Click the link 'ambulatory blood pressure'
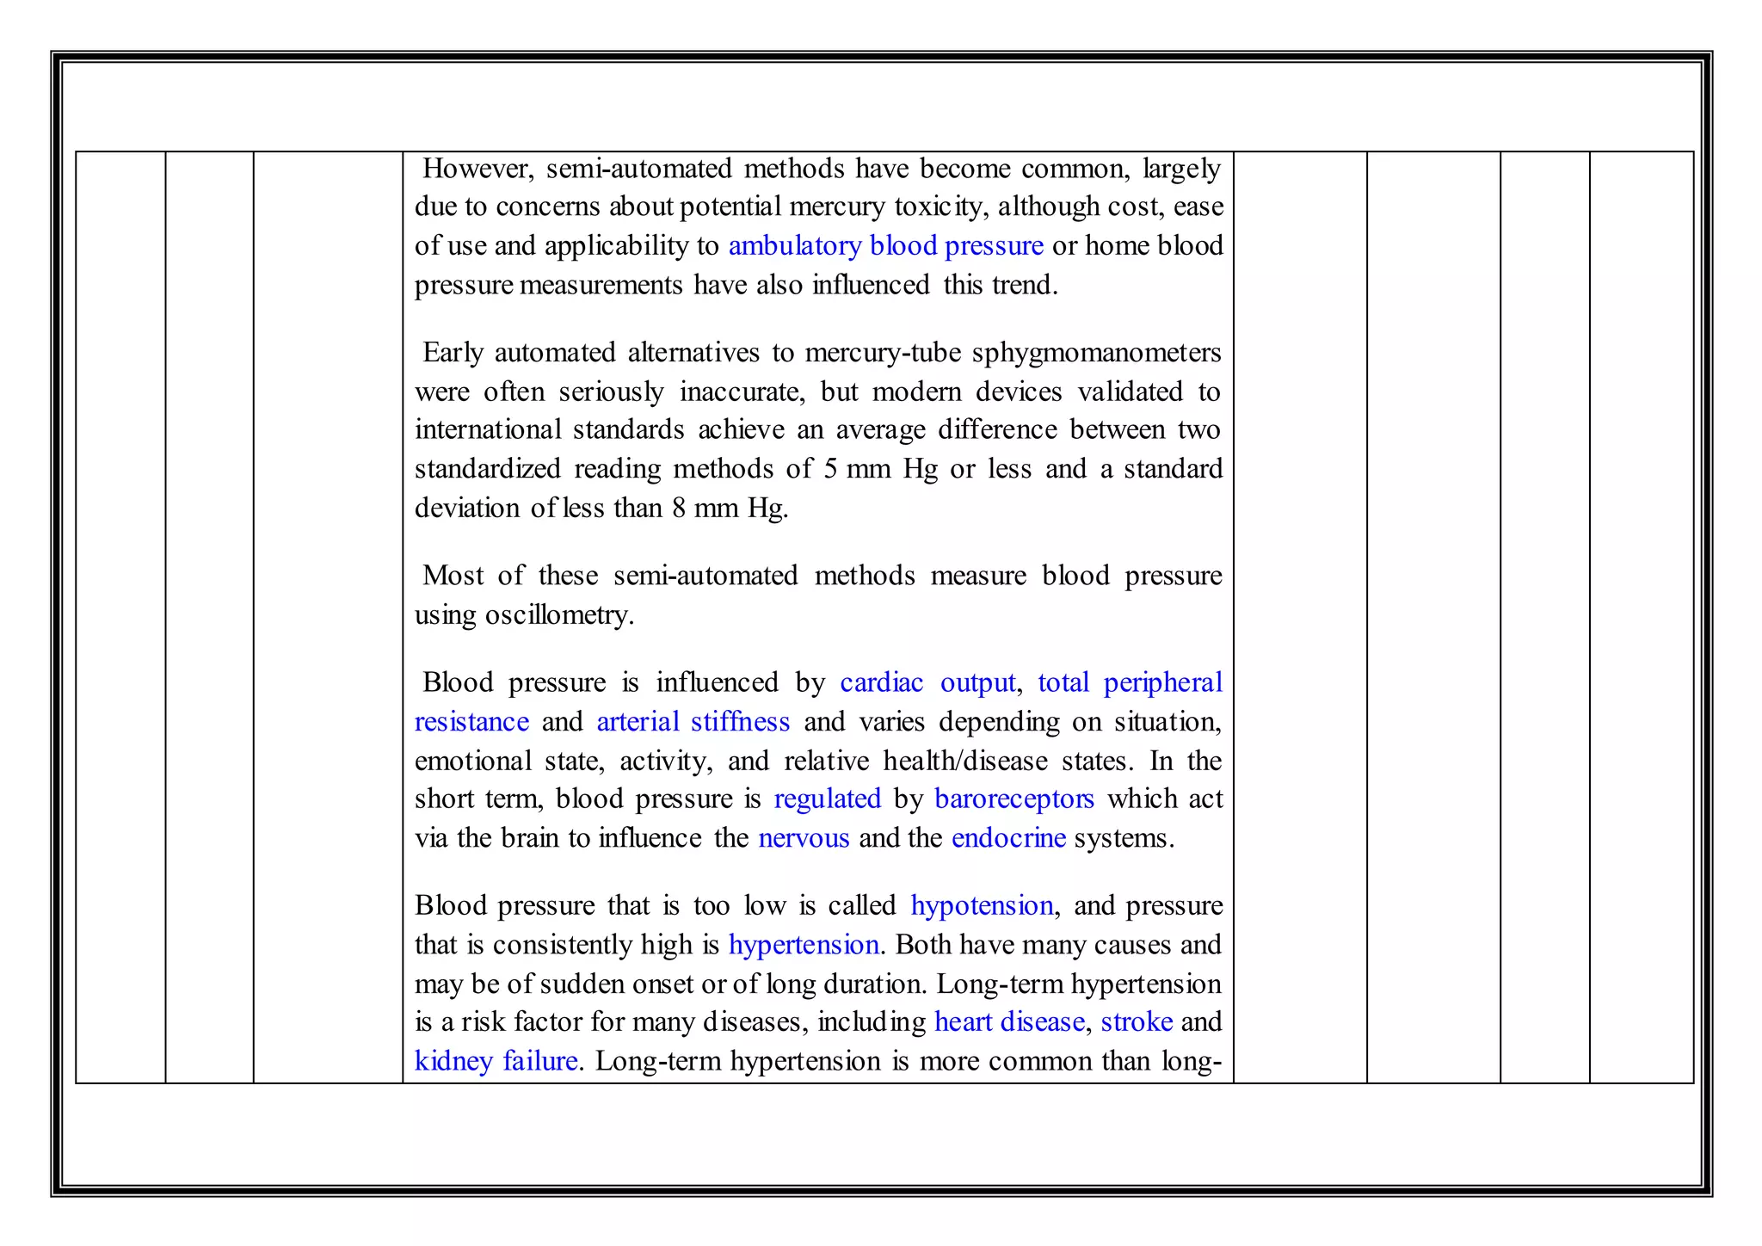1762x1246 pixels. [885, 246]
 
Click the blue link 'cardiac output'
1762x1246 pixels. [927, 683]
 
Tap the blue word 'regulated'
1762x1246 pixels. [827, 799]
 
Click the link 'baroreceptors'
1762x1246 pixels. [1013, 799]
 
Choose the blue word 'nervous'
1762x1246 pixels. [804, 838]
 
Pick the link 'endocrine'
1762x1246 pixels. [1008, 838]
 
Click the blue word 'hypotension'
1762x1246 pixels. [981, 906]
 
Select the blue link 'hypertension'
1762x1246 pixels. [803, 946]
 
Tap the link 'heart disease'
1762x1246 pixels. [1008, 1022]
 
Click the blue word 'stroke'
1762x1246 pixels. [1136, 1022]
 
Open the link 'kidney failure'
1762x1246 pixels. [496, 1061]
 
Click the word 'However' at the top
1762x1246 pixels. [477, 169]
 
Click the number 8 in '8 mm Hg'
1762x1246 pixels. [679, 509]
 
